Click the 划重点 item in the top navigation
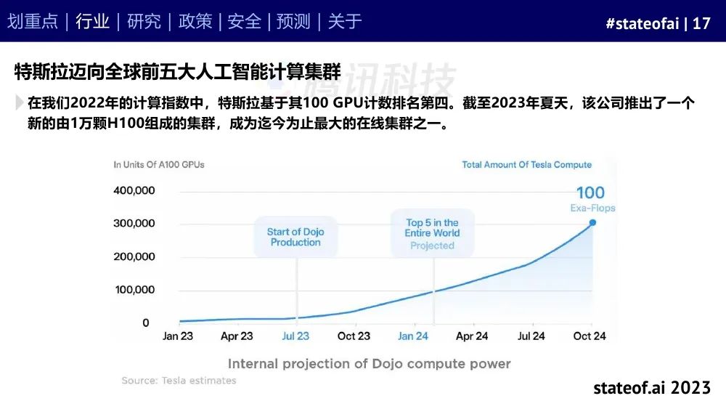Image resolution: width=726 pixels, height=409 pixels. coord(33,21)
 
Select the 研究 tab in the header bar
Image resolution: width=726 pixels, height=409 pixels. coord(144,21)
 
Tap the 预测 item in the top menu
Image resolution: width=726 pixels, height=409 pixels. coord(293,21)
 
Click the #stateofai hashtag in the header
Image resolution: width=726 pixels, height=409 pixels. coord(643,23)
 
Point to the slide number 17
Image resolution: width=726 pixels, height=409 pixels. coord(701,23)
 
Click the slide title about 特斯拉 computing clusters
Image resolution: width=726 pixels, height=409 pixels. coord(178,72)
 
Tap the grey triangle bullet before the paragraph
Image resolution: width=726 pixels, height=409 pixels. coord(19,102)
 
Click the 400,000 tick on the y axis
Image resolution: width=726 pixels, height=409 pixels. coord(134,190)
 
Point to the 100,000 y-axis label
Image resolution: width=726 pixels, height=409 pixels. coord(135,290)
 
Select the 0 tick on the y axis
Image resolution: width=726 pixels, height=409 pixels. coord(146,323)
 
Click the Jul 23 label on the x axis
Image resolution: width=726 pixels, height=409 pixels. coord(295,336)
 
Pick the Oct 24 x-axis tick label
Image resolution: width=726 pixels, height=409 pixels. coord(590,336)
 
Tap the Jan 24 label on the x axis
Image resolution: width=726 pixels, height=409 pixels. coord(413,336)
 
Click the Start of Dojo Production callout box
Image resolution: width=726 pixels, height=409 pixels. coord(295,237)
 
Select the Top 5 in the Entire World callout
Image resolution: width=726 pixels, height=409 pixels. coord(433,233)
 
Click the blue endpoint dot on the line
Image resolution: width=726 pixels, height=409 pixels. coord(592,223)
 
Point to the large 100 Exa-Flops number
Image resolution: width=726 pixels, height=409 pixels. coord(590,193)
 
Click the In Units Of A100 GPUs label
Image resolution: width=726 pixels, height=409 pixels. coord(159,164)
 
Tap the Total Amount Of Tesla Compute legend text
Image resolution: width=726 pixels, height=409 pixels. coord(527,164)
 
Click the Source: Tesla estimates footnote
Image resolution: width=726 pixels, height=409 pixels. coord(179,380)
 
